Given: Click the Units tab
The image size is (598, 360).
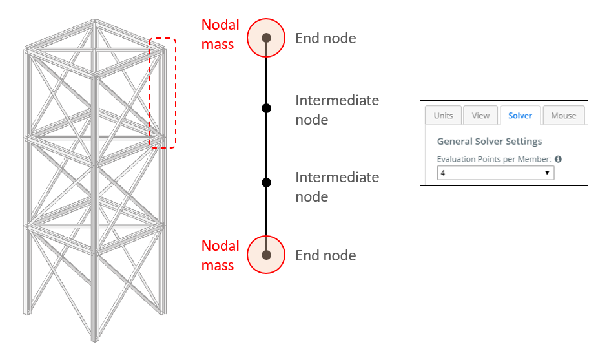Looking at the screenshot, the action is point(443,115).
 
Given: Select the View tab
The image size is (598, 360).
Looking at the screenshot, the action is point(480,115).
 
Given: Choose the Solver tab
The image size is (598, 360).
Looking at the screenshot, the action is point(521,115).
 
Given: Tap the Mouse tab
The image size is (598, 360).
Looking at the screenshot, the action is point(564,115).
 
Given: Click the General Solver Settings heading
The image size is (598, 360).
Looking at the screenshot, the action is point(490,142).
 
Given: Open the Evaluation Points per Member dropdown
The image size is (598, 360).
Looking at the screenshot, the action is point(495,173).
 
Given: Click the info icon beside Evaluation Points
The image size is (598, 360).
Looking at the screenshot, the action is point(559,159).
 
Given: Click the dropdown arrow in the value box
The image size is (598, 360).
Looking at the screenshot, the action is point(547,173).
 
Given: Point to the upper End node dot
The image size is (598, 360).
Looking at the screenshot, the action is point(266,37).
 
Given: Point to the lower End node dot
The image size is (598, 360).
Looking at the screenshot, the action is point(266,255).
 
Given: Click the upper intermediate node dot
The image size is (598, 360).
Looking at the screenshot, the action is point(266,109).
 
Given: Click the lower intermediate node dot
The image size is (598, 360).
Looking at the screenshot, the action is point(266,182).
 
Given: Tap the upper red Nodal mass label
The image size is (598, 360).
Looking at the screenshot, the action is point(220,34).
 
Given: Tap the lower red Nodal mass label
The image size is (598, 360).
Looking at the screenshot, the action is point(220,255).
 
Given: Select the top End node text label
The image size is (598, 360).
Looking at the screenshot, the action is point(325,38).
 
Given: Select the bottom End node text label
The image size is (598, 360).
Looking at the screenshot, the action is point(325,255).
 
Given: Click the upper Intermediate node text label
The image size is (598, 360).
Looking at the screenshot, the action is point(337,110).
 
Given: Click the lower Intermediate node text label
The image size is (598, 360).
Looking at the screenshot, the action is point(337,187).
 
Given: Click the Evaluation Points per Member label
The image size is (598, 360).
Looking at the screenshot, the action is point(494,159).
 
